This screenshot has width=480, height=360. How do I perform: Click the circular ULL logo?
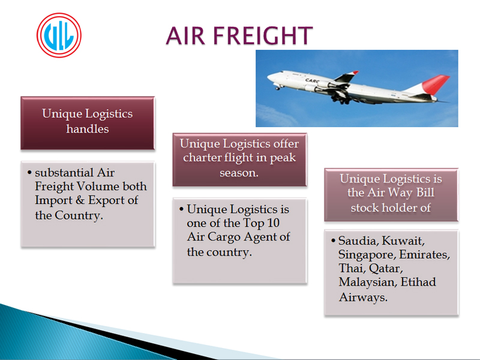pyautogui.click(x=59, y=35)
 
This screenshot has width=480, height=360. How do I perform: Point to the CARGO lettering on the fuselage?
pyautogui.click(x=312, y=81)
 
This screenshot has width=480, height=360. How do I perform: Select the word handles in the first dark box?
pyautogui.click(x=88, y=129)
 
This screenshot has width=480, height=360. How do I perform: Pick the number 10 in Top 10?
pyautogui.click(x=273, y=223)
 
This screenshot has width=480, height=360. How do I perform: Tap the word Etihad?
pyautogui.click(x=418, y=282)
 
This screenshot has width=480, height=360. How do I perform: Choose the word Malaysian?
pyautogui.click(x=368, y=282)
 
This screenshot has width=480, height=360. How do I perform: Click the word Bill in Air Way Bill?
pyautogui.click(x=425, y=193)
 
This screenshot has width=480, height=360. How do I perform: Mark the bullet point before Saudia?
pyautogui.click(x=334, y=241)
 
